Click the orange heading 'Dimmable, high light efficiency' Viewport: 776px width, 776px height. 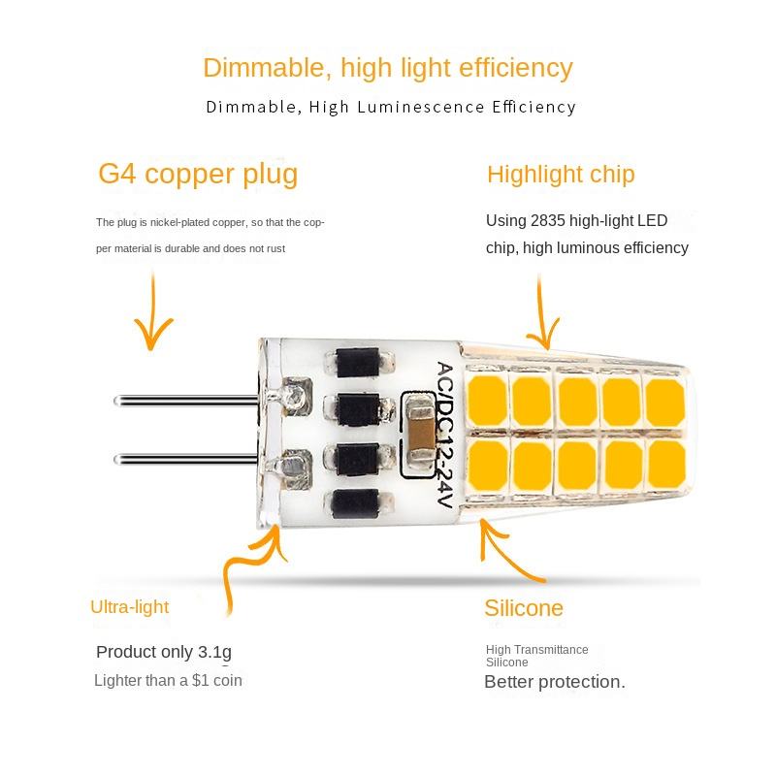(387, 68)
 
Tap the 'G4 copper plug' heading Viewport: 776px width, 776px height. (198, 174)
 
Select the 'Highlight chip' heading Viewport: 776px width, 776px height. (561, 175)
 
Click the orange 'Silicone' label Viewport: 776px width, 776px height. (524, 608)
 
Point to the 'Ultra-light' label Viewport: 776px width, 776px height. (129, 607)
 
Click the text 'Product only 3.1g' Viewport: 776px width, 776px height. (164, 652)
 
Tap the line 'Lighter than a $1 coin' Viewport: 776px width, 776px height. (168, 680)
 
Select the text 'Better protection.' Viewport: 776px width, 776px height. (555, 682)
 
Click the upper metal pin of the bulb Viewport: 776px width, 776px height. (184, 399)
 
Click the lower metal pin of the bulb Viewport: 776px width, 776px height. (184, 458)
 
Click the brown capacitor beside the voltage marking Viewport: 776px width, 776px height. (420, 431)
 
